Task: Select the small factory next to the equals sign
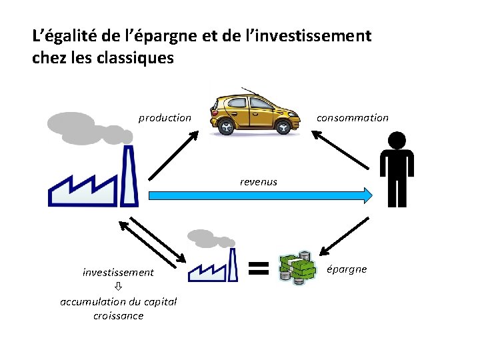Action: pos(213,267)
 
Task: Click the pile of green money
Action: pos(297,269)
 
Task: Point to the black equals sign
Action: pos(258,268)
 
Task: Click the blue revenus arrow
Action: pos(260,195)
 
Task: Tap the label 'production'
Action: pos(165,118)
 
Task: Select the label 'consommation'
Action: pos(352,118)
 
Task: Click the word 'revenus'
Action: pos(259,181)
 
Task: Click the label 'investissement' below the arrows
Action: pos(118,272)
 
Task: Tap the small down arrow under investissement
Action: pos(118,287)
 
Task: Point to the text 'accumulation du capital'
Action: pos(118,301)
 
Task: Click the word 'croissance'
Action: pos(118,315)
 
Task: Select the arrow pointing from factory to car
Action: pos(173,155)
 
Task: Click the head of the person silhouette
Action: pos(396,141)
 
